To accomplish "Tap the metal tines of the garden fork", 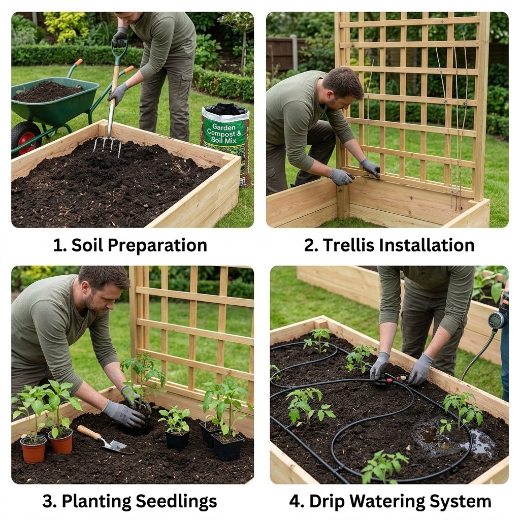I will pyautogui.click(x=107, y=145).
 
